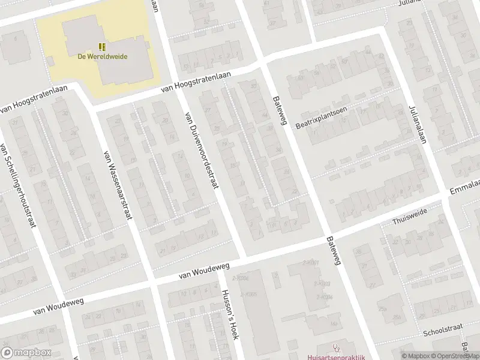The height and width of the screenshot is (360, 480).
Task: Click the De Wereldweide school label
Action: click(102, 57)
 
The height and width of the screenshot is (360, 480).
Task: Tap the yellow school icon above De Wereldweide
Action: click(102, 46)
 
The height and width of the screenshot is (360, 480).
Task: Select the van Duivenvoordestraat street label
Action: click(201, 150)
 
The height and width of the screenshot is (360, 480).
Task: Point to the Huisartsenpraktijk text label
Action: click(336, 356)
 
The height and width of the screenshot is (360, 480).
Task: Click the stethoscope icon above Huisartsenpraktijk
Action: click(336, 347)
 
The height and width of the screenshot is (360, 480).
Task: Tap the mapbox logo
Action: click(25, 353)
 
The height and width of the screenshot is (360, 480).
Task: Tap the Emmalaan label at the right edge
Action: click(465, 187)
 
